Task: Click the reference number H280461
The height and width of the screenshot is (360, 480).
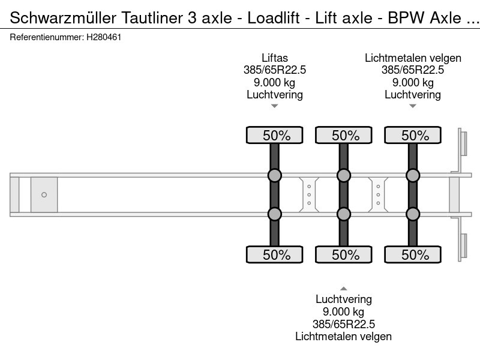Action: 104,37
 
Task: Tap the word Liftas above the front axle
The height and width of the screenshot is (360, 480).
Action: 275,58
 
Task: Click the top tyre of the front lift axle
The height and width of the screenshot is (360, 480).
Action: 275,135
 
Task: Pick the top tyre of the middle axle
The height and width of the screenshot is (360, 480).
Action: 344,135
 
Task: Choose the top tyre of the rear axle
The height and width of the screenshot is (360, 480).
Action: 413,135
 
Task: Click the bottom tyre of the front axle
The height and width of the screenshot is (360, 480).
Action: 275,254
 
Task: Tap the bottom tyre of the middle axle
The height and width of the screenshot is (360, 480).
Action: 344,254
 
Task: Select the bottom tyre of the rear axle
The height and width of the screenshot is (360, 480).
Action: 413,254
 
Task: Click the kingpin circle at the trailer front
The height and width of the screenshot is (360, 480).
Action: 44,194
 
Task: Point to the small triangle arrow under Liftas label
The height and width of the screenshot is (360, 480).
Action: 275,106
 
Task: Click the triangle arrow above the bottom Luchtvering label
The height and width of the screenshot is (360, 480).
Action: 344,289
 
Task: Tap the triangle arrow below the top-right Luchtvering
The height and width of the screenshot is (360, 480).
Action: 413,106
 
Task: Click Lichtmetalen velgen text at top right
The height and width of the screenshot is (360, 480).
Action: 413,58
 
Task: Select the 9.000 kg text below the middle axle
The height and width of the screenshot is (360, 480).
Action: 343,311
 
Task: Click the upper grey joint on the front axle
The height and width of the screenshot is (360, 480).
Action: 275,175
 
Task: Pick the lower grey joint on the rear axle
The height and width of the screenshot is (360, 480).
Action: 413,214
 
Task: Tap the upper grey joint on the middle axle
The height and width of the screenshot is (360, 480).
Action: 344,175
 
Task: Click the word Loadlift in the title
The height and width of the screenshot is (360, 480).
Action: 274,18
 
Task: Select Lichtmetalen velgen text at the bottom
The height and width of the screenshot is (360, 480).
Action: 343,337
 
